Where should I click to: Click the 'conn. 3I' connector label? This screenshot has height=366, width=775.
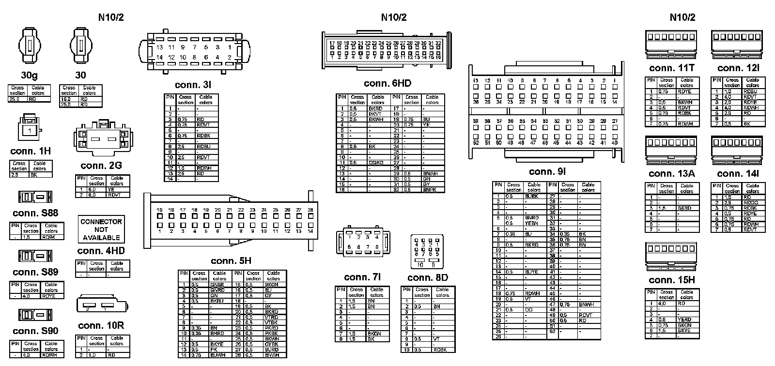click(x=193, y=85)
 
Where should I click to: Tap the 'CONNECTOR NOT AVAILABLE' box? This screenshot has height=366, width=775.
click(x=101, y=229)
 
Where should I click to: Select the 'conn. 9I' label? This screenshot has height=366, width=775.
click(x=547, y=171)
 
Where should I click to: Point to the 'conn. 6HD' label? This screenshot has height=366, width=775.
click(x=387, y=84)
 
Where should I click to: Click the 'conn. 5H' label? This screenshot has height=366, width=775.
click(x=231, y=261)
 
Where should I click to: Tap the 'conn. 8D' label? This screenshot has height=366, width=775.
click(x=428, y=278)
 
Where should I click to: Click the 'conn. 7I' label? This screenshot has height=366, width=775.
click(x=362, y=277)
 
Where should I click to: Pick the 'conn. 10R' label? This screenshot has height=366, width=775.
click(x=101, y=326)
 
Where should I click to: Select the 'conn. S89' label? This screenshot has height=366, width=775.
click(x=35, y=272)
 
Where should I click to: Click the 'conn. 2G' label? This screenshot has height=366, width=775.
click(x=101, y=166)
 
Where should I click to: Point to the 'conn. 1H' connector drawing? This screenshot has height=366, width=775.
click(x=30, y=128)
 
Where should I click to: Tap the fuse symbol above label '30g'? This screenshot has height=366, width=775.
click(x=30, y=46)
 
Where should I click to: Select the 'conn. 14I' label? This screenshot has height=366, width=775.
click(x=738, y=174)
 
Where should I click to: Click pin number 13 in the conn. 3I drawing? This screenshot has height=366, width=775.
click(x=160, y=47)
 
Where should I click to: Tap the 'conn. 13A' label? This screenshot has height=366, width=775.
click(x=671, y=174)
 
